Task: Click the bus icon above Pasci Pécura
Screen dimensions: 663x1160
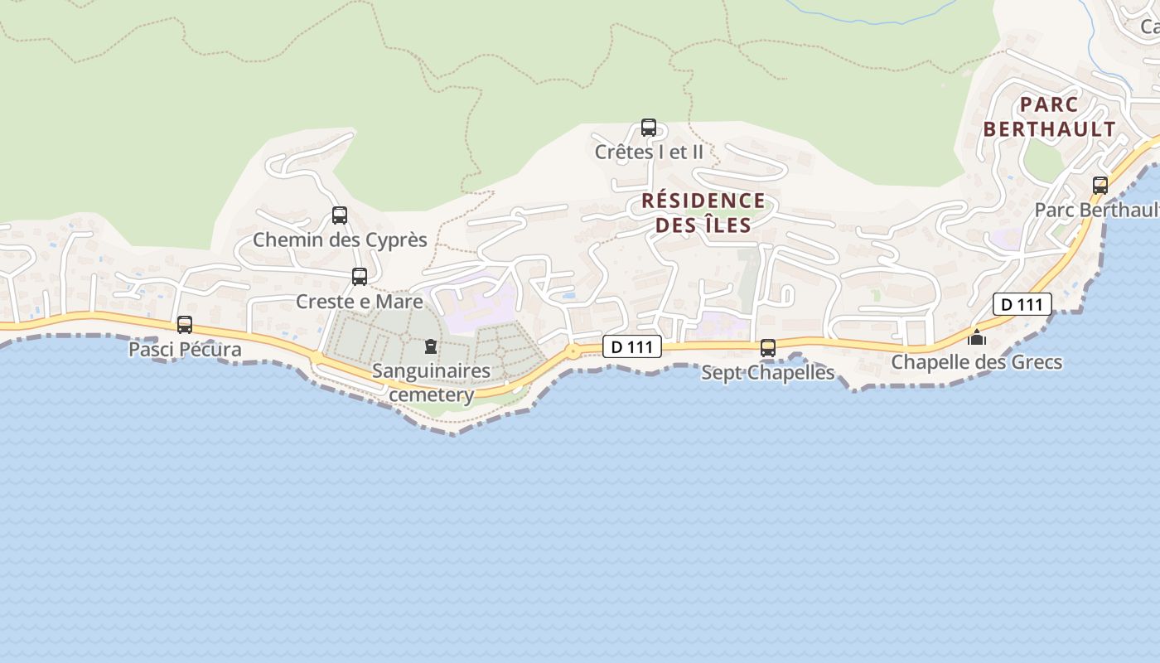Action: click(x=185, y=325)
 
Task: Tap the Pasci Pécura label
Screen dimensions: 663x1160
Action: click(x=185, y=349)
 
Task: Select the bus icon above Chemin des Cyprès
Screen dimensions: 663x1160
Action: click(x=340, y=215)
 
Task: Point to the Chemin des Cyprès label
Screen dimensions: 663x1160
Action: click(x=340, y=240)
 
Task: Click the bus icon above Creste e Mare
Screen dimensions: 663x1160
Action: click(x=360, y=277)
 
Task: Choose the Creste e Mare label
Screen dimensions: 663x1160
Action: click(x=360, y=301)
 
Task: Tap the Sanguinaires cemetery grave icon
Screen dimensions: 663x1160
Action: click(x=430, y=346)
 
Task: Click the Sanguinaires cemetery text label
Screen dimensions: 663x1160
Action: click(x=431, y=382)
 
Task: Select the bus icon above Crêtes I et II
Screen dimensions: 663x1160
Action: click(x=649, y=128)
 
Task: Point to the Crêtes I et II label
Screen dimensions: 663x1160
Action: click(x=649, y=152)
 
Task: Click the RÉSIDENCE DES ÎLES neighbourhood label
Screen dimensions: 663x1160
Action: click(x=703, y=212)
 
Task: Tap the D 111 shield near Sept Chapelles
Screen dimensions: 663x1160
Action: click(x=632, y=346)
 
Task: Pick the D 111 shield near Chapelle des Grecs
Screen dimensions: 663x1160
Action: click(x=1022, y=304)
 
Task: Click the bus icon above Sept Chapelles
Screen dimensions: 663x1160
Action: click(x=768, y=348)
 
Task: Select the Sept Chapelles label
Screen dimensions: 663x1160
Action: click(x=768, y=372)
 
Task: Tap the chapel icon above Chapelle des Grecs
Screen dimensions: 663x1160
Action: click(x=978, y=337)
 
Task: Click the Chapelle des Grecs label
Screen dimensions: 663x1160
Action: click(x=977, y=362)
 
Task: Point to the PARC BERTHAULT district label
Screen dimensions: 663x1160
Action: click(x=1050, y=117)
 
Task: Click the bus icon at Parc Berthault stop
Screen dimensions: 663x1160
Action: click(x=1100, y=186)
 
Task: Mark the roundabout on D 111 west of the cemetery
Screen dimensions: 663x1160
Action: click(x=316, y=357)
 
